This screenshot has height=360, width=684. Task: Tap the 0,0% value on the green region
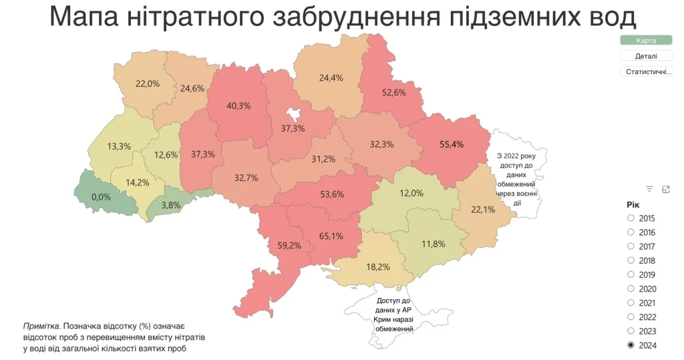[x=101, y=197]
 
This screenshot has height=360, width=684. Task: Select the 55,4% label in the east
[x=452, y=143]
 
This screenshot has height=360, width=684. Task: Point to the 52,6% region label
[x=394, y=93]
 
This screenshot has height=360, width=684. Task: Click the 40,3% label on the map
[x=238, y=106]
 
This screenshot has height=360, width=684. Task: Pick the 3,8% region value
[x=170, y=205]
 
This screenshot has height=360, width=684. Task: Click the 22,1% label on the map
[x=483, y=210]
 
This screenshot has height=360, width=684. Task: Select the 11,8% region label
[x=433, y=244]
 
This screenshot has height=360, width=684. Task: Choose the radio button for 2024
[x=631, y=345]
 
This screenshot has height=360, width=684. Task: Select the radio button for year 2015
[x=631, y=218]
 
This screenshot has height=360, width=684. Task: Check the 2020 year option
[x=631, y=289]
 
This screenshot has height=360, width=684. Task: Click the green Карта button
[x=645, y=41]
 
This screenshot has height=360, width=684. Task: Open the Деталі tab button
[x=645, y=56]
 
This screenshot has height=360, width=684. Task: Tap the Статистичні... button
[x=645, y=71]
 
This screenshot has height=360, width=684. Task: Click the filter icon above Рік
[x=649, y=189]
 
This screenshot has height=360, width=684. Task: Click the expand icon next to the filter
[x=665, y=189]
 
